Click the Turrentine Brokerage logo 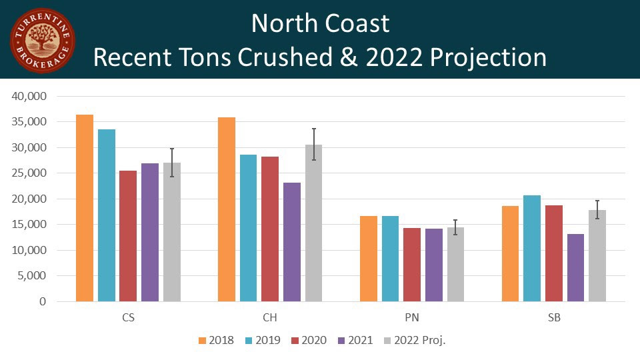pyautogui.click(x=42, y=41)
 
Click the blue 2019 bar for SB pyautogui.click(x=532, y=248)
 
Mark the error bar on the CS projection pyautogui.click(x=172, y=162)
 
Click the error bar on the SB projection pyautogui.click(x=597, y=209)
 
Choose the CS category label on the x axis pyautogui.click(x=128, y=318)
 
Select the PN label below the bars pyautogui.click(x=412, y=318)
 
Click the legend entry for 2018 pyautogui.click(x=216, y=340)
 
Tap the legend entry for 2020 pyautogui.click(x=309, y=340)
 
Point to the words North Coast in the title pyautogui.click(x=320, y=24)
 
